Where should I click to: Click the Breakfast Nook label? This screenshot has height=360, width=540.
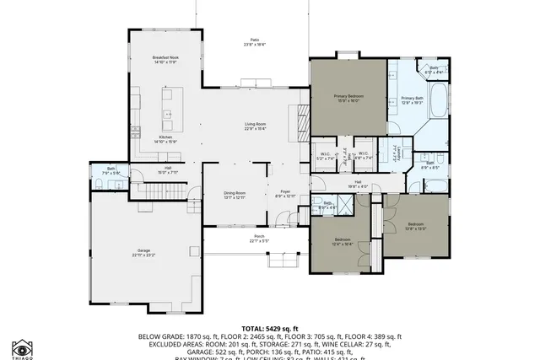click(x=165, y=60)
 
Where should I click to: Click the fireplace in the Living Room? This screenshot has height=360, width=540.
click(x=301, y=125)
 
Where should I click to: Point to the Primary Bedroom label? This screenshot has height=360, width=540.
click(x=348, y=97)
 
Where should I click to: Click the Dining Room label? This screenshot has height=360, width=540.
click(x=235, y=195)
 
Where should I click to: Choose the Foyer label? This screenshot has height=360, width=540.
click(x=285, y=194)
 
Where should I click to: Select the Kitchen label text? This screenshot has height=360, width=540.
click(x=166, y=139)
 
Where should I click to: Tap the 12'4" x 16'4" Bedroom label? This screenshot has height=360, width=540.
click(x=343, y=241)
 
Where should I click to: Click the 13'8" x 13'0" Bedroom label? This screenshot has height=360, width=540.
click(x=416, y=226)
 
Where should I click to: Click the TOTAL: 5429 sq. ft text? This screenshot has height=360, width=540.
click(x=269, y=328)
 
